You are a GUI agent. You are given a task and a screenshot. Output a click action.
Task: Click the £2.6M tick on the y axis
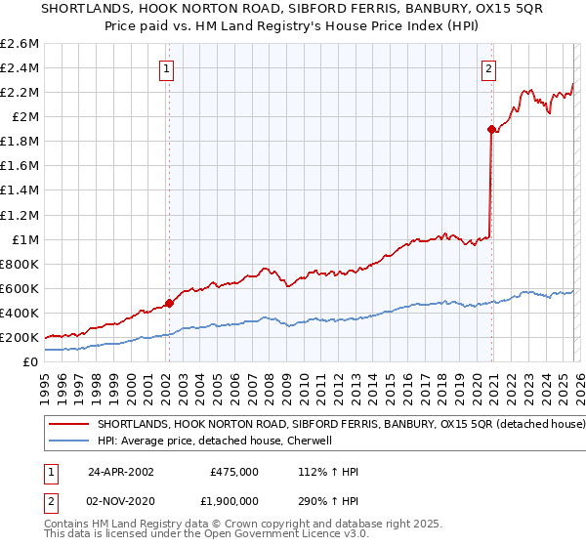point(20,44)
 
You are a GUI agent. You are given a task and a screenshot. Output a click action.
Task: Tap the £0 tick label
point(31,362)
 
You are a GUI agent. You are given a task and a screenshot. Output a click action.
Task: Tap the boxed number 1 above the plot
point(168,68)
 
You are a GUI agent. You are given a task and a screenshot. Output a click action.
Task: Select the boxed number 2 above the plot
point(488,68)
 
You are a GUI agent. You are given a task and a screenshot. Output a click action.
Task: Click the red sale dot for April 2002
point(169,303)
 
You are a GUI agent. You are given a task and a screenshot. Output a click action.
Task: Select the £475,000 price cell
point(234,472)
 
